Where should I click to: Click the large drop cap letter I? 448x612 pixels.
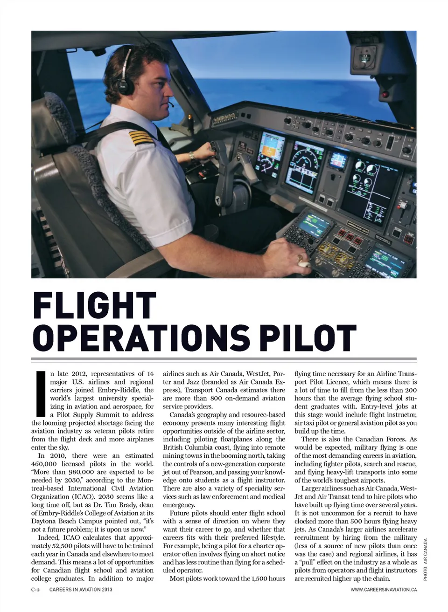click(x=40, y=393)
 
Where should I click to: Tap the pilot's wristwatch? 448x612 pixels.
click(x=191, y=156)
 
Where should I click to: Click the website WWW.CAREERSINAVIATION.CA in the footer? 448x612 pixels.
click(x=384, y=589)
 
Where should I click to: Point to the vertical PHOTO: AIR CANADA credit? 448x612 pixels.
click(x=425, y=559)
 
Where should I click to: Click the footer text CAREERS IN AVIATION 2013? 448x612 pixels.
click(x=81, y=589)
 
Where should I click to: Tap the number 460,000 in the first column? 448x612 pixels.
click(x=46, y=464)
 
